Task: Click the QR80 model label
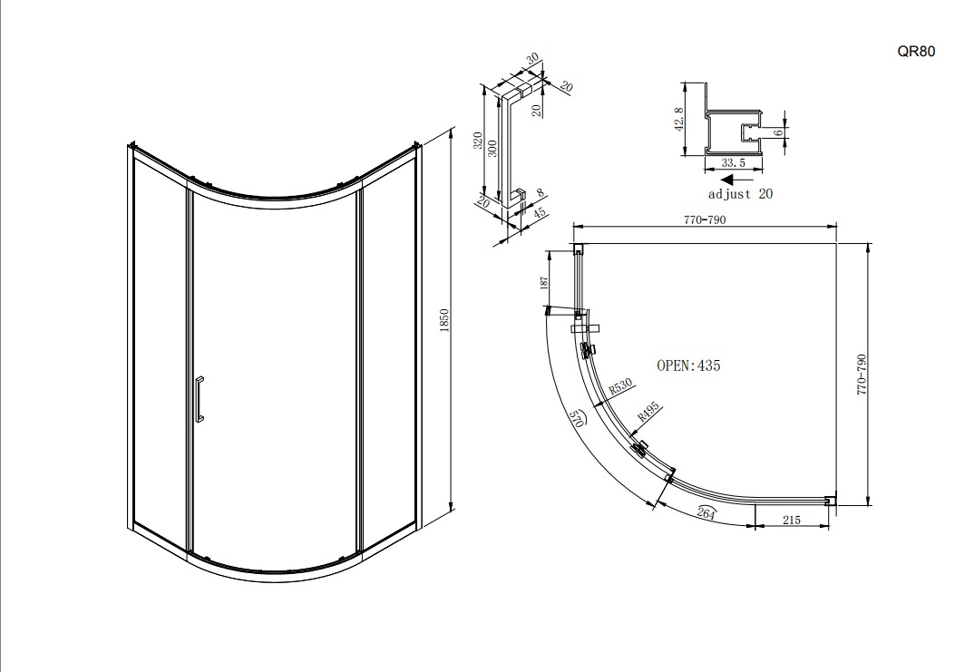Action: pyautogui.click(x=916, y=52)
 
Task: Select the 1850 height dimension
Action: pyautogui.click(x=443, y=320)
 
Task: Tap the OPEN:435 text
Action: pyautogui.click(x=689, y=365)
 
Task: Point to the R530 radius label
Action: pyautogui.click(x=620, y=386)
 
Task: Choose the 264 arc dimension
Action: pyautogui.click(x=706, y=513)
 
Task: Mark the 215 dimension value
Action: pyautogui.click(x=792, y=521)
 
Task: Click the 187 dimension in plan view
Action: pyautogui.click(x=545, y=283)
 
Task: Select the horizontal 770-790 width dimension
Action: pyautogui.click(x=705, y=219)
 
